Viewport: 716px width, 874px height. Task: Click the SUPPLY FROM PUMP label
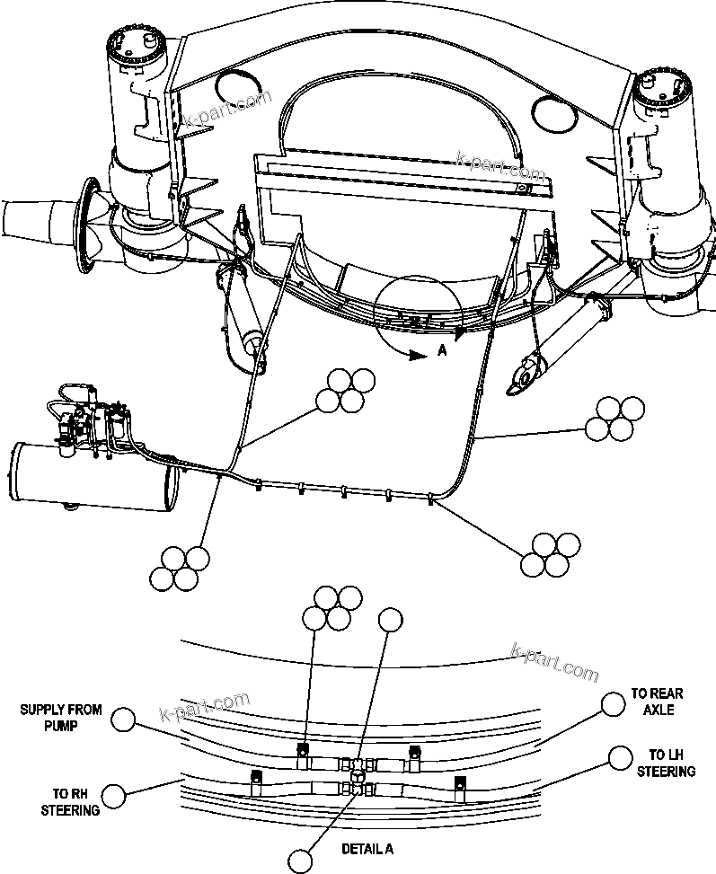tap(61, 717)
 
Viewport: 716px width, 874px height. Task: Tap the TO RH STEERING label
tap(75, 802)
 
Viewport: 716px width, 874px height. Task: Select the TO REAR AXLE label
tap(656, 702)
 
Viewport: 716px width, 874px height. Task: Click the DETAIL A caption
tap(367, 849)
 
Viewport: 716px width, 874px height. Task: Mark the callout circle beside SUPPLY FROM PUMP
tap(125, 719)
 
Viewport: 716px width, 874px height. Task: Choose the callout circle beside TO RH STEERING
tap(114, 796)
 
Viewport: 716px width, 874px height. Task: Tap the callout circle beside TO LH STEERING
tap(618, 758)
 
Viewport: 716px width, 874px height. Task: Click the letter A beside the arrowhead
tap(441, 353)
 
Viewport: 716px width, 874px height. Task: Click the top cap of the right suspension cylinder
tap(663, 86)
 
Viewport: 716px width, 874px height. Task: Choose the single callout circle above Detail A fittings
tap(390, 619)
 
